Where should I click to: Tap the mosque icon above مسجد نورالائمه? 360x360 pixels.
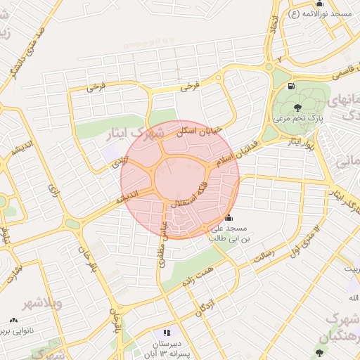pos(319,4)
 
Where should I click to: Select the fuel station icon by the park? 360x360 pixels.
pos(291,87)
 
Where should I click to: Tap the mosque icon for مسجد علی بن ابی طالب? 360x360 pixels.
pos(228,218)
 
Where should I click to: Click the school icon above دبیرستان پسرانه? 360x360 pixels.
pos(167,332)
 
